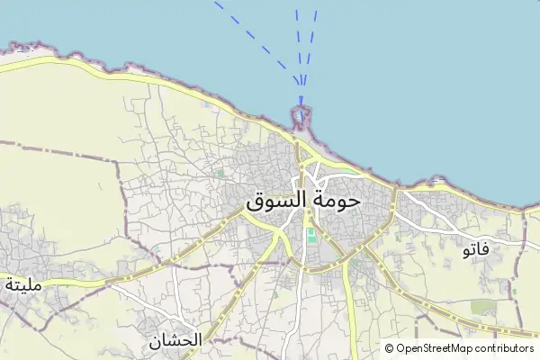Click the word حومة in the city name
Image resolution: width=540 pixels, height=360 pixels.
pyautogui.click(x=333, y=200)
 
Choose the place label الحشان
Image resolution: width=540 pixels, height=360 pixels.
pyautogui.click(x=175, y=341)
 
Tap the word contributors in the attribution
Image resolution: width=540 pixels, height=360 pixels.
pyautogui.click(x=507, y=348)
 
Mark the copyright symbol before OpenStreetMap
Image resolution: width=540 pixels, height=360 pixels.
pyautogui.click(x=390, y=348)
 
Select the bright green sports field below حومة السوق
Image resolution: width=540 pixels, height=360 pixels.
pyautogui.click(x=311, y=237)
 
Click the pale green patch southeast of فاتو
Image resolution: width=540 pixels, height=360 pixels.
pyautogui.click(x=483, y=308)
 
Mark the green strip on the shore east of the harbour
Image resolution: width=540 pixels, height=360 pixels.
pyautogui.click(x=346, y=168)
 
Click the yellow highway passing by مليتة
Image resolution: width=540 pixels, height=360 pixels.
pyautogui.click(x=72, y=283)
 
